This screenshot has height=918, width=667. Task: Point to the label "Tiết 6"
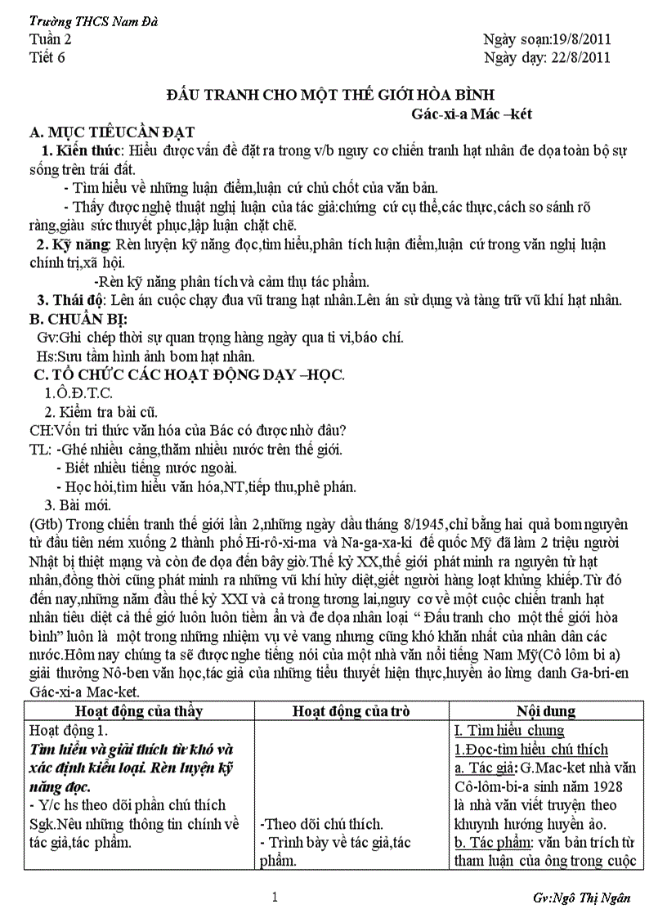click(47, 57)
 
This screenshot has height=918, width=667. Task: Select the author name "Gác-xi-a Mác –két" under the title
click(472, 114)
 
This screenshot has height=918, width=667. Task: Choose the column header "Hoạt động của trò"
click(351, 711)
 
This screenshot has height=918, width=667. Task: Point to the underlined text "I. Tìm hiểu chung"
click(508, 730)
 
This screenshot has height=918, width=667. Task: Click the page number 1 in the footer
click(275, 898)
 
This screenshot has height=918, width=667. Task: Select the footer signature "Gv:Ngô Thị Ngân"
click(581, 898)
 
